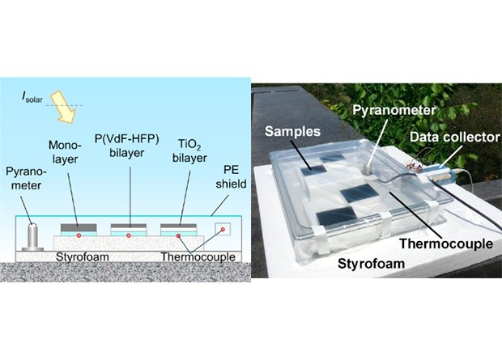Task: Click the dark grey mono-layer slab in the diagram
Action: point(78,226)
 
